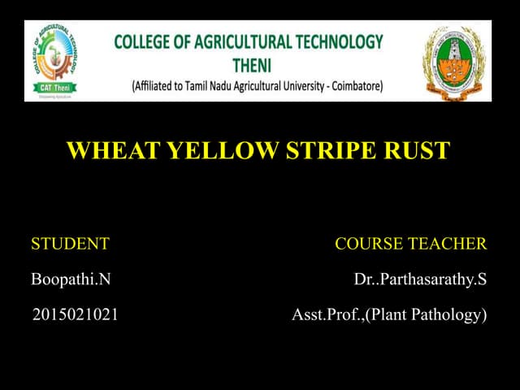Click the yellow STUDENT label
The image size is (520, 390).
pos(70,244)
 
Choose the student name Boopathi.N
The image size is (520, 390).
pos(71,279)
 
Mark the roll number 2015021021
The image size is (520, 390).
pos(76,314)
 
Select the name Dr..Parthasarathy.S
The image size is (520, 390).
pos(420,279)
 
